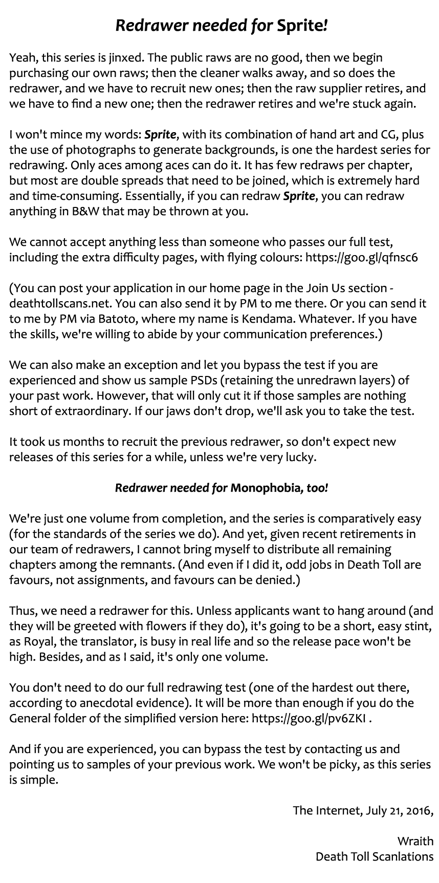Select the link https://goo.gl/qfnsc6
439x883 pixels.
[x=361, y=257]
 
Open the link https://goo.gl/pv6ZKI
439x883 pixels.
[x=309, y=718]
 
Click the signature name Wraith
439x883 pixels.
[x=415, y=841]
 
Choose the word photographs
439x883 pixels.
[x=111, y=150]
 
